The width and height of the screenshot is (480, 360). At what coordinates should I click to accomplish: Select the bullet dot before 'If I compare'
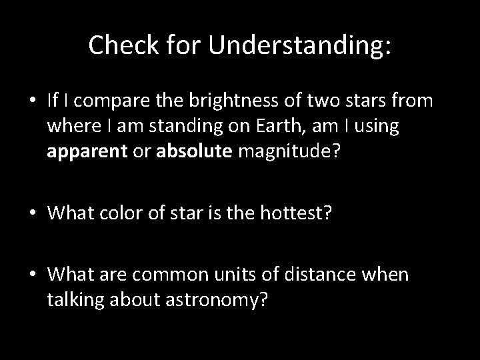click(x=33, y=101)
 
